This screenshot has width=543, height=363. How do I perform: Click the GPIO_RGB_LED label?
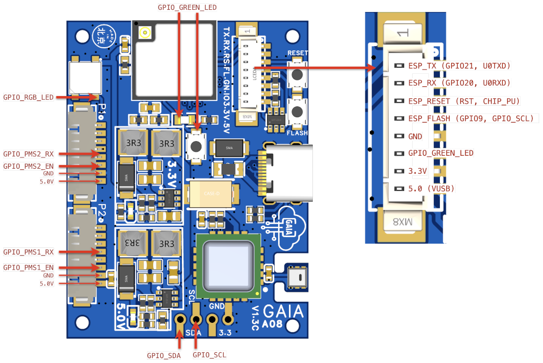pos(29,98)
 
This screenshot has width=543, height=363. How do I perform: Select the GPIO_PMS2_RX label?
pos(29,154)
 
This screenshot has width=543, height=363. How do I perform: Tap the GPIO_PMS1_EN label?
pos(29,268)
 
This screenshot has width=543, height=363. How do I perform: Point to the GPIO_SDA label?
pos(163,355)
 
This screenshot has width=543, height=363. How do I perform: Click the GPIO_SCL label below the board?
pos(210,355)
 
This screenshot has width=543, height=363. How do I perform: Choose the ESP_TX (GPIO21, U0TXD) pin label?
pos(459,66)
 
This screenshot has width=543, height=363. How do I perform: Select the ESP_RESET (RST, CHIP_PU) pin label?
pos(464,101)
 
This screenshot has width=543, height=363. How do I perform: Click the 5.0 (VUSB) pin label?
pos(431,189)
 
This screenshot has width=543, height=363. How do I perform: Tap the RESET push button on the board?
pos(298,75)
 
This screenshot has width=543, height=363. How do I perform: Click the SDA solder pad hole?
pos(180,320)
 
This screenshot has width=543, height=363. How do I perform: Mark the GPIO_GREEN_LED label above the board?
pos(187,8)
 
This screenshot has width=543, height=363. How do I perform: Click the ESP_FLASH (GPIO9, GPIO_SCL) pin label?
pos(471,118)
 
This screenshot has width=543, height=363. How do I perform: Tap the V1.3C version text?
pos(255,318)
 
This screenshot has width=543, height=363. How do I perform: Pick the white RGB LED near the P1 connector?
pos(85,78)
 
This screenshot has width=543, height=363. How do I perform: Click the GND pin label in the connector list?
pos(415,136)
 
